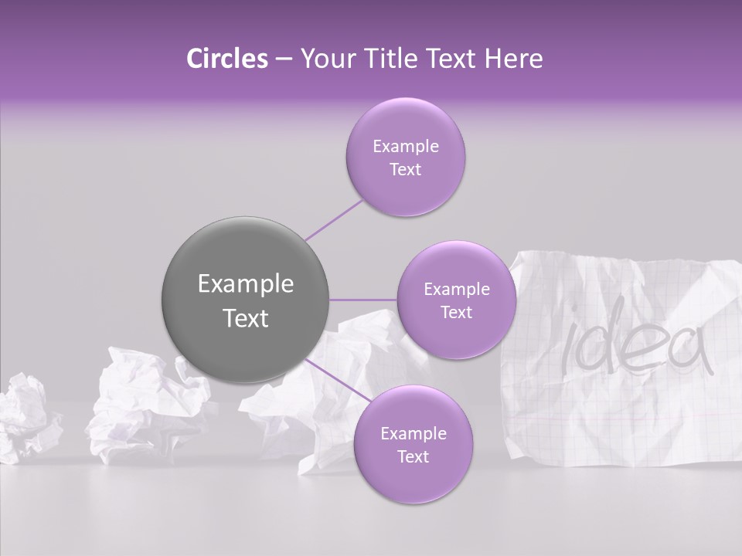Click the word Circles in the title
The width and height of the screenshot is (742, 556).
pyautogui.click(x=226, y=59)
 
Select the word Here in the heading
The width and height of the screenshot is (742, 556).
pyautogui.click(x=514, y=59)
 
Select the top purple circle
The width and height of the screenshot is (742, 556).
pyautogui.click(x=405, y=158)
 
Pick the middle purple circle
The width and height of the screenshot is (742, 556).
pyautogui.click(x=456, y=300)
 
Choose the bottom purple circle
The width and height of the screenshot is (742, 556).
pyautogui.click(x=413, y=444)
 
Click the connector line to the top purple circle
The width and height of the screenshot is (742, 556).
pyautogui.click(x=334, y=220)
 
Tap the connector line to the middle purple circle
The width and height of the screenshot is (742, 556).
pyautogui.click(x=363, y=300)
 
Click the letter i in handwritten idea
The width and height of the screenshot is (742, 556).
pyautogui.click(x=570, y=347)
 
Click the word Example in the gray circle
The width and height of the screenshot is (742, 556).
pyautogui.click(x=246, y=284)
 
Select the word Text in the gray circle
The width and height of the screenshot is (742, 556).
pyautogui.click(x=246, y=318)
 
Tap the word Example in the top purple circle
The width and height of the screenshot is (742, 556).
pyautogui.click(x=405, y=147)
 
